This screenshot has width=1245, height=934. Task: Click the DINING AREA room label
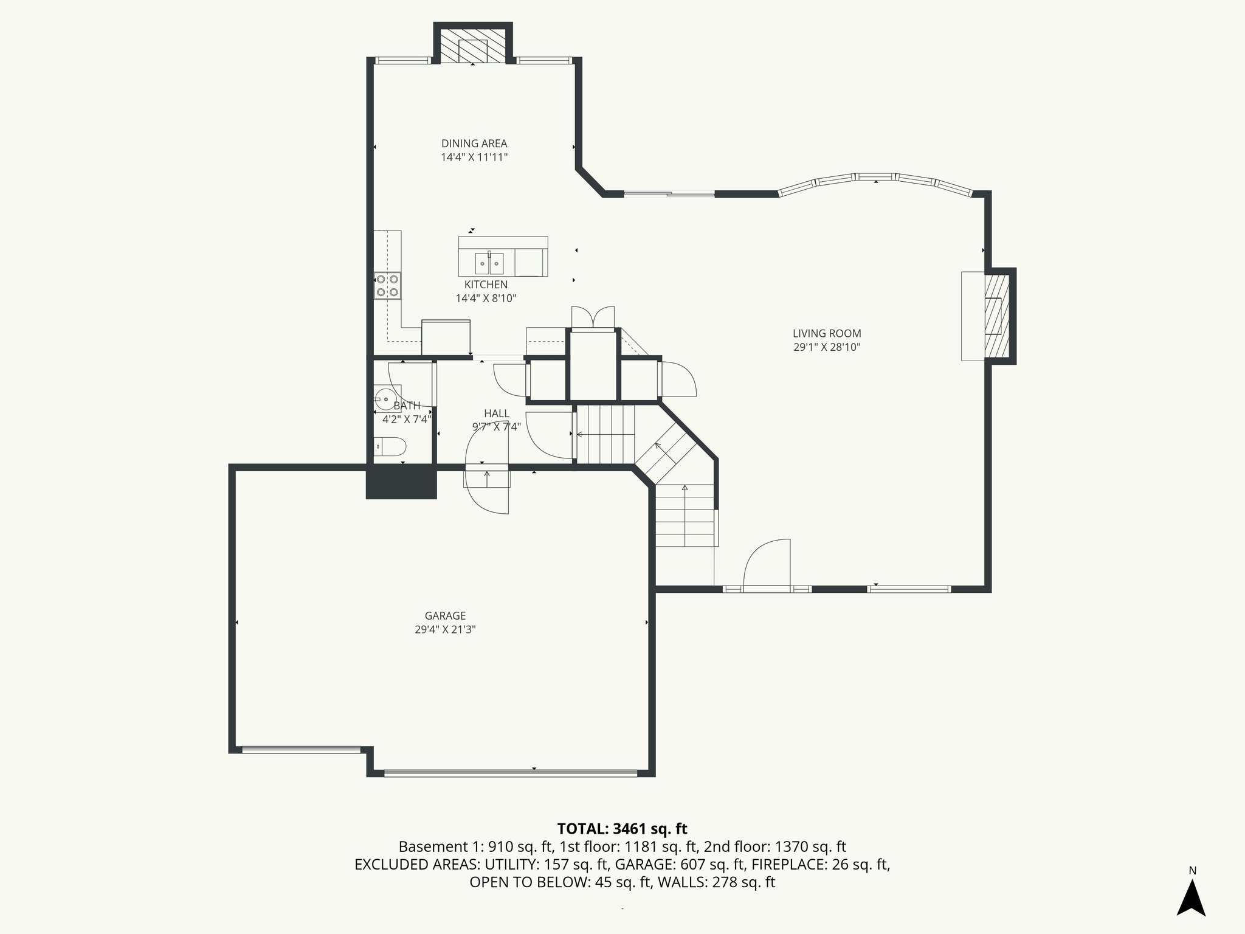[474, 144]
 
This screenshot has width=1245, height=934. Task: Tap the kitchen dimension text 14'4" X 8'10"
[486, 298]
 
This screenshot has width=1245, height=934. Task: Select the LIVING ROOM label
[827, 333]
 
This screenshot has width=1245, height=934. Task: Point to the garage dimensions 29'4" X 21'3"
[445, 630]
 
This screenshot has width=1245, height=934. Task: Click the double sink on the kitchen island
[489, 263]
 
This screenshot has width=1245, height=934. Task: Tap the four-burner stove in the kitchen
[387, 286]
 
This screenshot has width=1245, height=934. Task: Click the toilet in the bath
[390, 448]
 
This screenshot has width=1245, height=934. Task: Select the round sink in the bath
[384, 400]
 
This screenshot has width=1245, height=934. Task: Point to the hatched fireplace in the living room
[996, 316]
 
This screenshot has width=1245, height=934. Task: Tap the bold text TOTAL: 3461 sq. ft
[622, 829]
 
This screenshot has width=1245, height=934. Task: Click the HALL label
[497, 413]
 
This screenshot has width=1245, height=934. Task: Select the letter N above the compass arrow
[1192, 871]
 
